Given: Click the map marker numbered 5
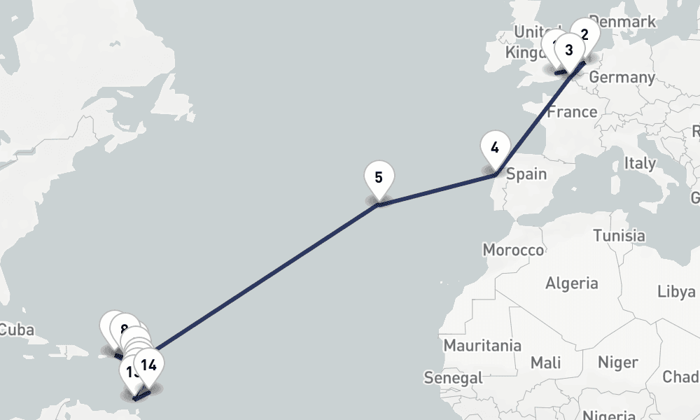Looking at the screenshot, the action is tap(379, 178).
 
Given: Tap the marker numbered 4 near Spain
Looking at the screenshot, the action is tap(495, 148).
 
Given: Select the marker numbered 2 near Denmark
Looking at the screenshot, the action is tap(584, 32).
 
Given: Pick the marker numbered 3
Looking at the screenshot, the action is tap(568, 50).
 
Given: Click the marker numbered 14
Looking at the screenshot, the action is tap(148, 365).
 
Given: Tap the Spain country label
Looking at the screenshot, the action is tap(526, 174).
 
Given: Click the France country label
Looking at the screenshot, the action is tap(572, 112).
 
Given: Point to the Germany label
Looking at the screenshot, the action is tap(622, 77).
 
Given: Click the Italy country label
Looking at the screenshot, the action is tap(640, 163).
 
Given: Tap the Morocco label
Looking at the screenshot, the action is tap(513, 250).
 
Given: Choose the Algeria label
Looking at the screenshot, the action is tap(572, 283).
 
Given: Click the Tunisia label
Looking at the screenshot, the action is tap(619, 235).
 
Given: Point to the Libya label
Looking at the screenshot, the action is tap(675, 292).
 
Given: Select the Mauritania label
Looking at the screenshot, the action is tap(482, 345).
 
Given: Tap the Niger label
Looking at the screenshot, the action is tap(617, 362).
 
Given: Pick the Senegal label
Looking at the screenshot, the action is tap(453, 378).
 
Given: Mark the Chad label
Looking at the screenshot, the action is tap(680, 377).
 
